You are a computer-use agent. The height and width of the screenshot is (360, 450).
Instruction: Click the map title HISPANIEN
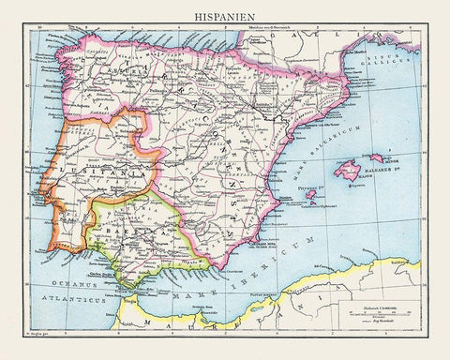(225, 15)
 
